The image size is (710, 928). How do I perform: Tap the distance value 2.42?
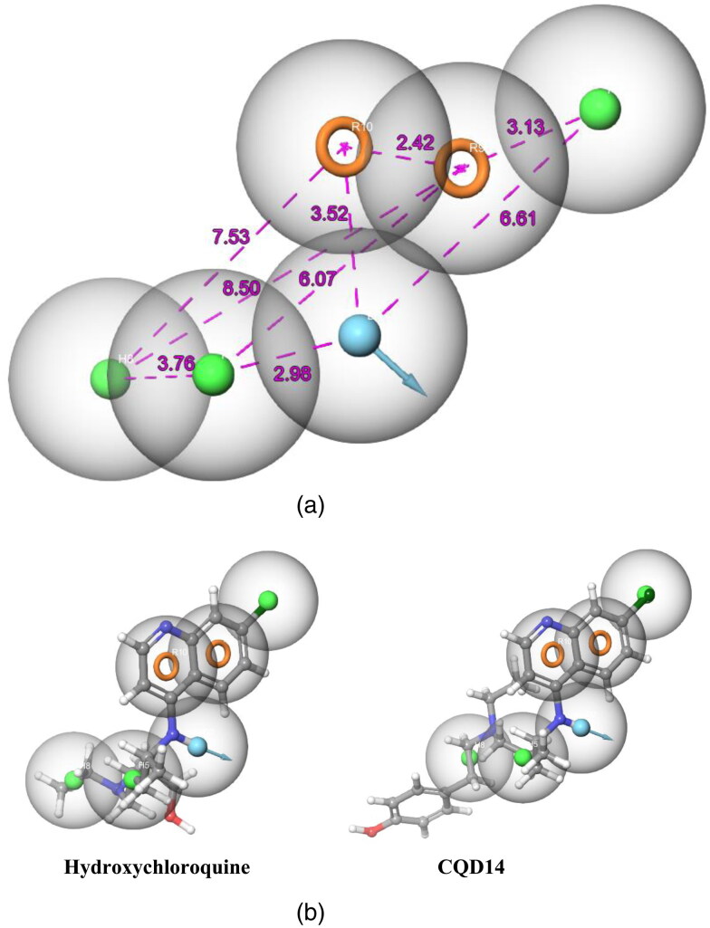coord(416,143)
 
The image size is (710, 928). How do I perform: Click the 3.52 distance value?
coord(331,215)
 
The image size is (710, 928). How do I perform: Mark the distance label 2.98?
coord(293,373)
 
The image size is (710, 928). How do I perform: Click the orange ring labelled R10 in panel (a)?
coord(344,147)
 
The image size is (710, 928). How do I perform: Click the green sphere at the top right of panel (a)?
coord(600,108)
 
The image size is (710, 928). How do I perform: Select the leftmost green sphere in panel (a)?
coord(110,378)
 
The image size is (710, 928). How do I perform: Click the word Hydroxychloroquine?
coord(157,867)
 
